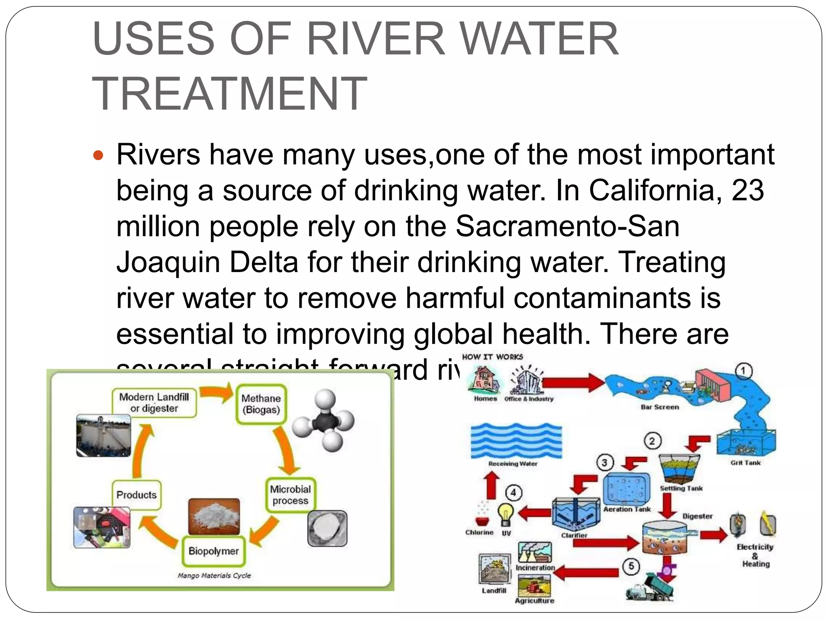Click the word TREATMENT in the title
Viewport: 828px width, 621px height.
coord(230,94)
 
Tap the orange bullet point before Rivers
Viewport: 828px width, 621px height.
coord(98,155)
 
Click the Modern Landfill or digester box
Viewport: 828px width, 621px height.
coord(154,403)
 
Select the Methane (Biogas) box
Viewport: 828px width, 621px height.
coord(261,404)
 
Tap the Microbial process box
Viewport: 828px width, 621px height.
coord(290,495)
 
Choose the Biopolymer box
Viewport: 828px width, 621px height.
coord(213,551)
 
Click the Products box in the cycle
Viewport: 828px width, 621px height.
coord(137,495)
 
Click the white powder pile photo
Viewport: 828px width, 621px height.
coord(214,516)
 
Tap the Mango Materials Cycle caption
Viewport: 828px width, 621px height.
coord(214,575)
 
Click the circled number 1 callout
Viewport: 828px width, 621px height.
coord(743,371)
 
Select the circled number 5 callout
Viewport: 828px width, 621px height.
coord(631,566)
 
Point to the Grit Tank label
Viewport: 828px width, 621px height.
coord(745,463)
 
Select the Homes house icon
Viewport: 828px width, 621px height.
coord(484,380)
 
